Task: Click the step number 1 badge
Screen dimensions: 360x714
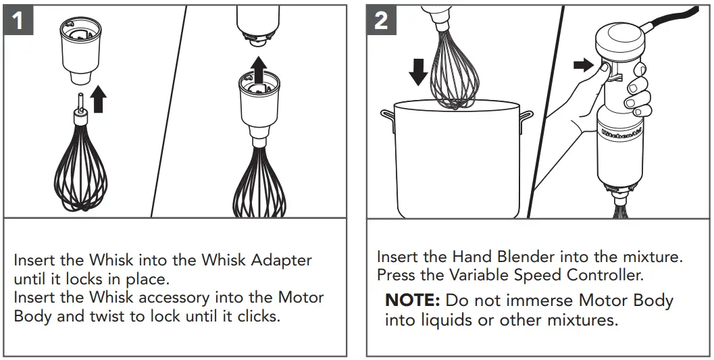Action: pos(19,20)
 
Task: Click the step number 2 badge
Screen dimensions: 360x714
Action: pos(382,20)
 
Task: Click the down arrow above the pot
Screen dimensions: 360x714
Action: pos(418,71)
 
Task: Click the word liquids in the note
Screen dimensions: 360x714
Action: pos(439,319)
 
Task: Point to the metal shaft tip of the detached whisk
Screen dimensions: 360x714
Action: pos(80,101)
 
